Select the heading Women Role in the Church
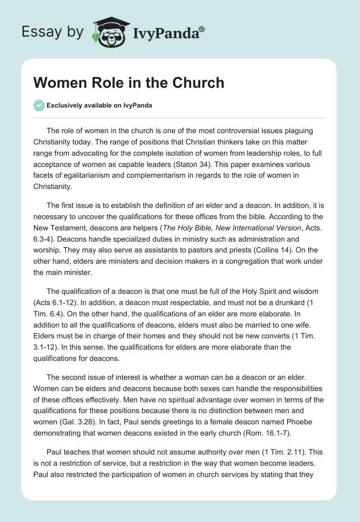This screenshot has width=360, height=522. (x=129, y=82)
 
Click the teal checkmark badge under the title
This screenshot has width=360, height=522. (x=39, y=105)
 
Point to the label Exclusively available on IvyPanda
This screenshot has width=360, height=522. (x=99, y=105)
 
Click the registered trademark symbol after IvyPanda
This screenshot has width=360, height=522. (x=202, y=29)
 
